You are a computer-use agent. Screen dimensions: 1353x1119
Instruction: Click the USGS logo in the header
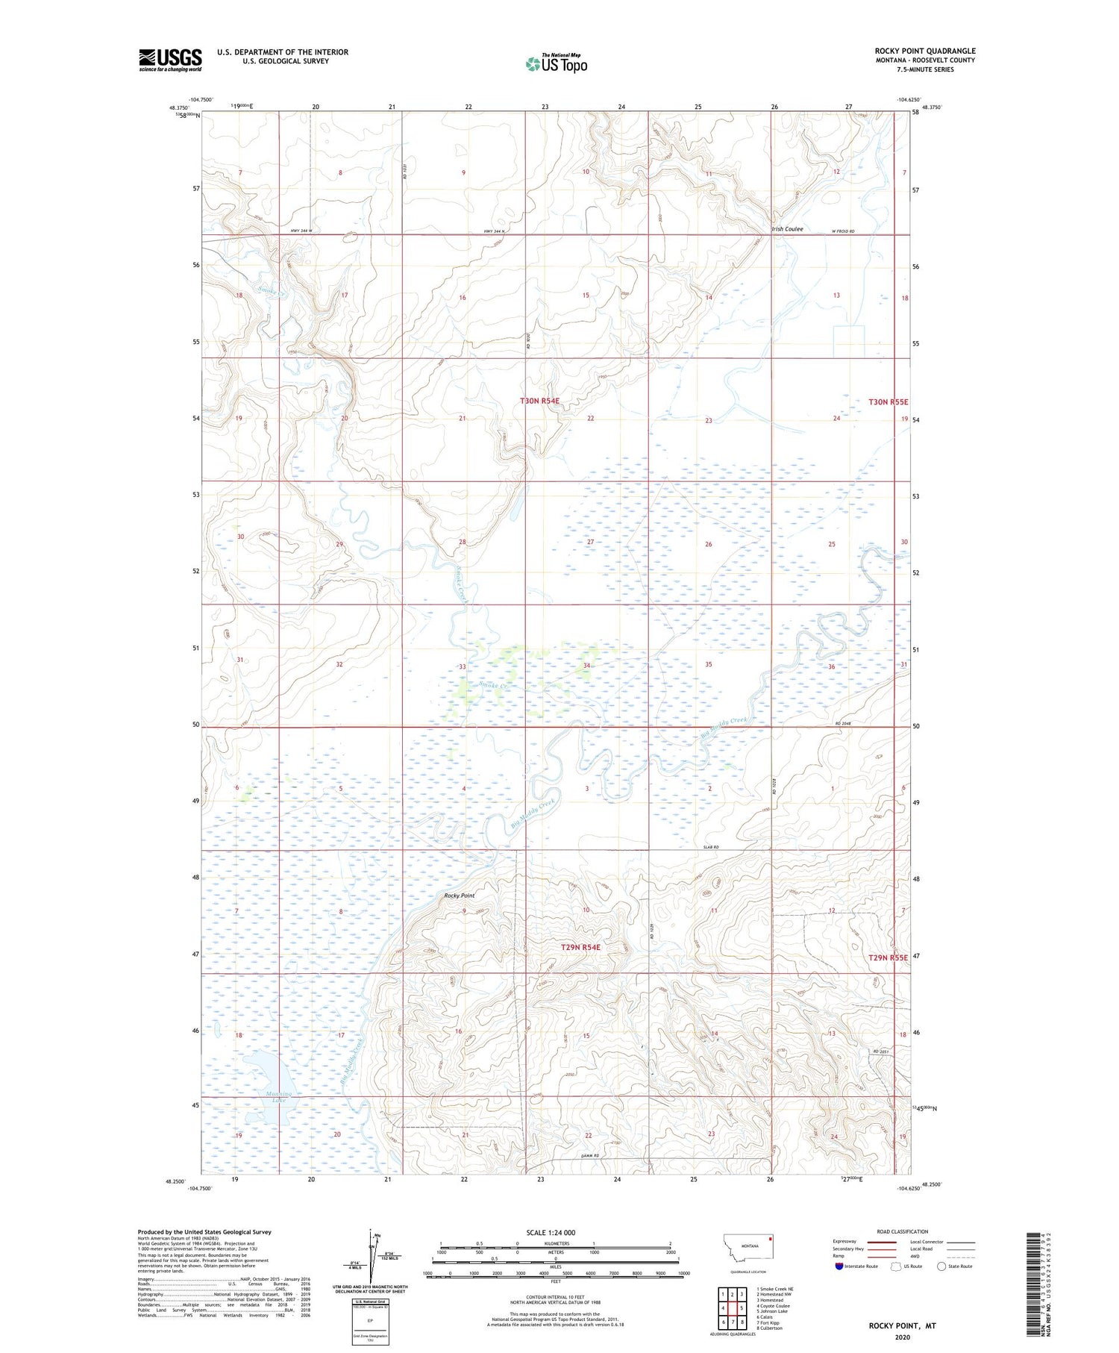pos(170,59)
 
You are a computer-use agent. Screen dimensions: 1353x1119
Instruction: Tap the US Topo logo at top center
pos(556,63)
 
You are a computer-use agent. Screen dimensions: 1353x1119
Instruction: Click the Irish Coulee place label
pos(787,229)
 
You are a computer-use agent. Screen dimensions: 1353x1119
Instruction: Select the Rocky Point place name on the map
pos(459,895)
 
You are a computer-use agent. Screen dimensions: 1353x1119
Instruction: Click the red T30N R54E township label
pos(539,401)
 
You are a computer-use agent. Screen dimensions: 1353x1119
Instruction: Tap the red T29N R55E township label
pos(888,957)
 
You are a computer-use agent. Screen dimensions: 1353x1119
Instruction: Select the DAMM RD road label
pos(590,1155)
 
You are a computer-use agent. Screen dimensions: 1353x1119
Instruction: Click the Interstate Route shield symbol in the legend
pos(839,1266)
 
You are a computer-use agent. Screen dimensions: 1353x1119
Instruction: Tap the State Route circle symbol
pos(941,1266)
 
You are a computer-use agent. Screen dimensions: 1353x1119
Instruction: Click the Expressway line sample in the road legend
pos(886,1242)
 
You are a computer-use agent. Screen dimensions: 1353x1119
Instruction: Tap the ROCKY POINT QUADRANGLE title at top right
pos(925,51)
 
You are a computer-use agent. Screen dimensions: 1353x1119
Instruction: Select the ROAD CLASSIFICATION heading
pos(903,1231)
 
